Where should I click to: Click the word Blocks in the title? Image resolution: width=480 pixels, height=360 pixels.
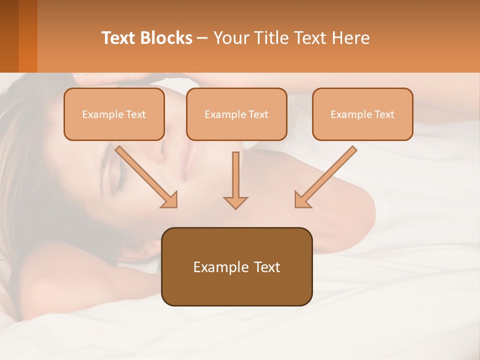point(166,38)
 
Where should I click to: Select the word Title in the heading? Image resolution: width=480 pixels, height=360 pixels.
point(270,38)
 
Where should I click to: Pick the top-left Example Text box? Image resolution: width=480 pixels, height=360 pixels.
point(114,114)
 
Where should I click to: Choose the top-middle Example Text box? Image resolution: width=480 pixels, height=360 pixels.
point(236,114)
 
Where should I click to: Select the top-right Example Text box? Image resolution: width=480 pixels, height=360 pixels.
point(362,114)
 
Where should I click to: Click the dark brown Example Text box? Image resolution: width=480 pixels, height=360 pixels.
point(236,266)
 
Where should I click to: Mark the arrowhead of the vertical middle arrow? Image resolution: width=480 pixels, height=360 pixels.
point(235,201)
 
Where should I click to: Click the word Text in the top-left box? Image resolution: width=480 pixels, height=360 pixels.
point(135,114)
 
